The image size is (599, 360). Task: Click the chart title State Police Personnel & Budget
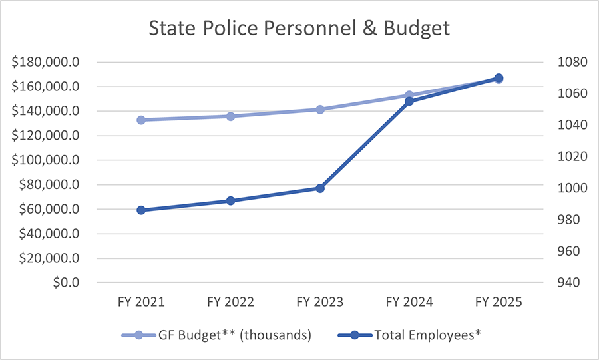coord(299,29)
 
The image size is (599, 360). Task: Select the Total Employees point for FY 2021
coord(141,210)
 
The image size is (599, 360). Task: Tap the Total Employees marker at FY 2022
coord(230,200)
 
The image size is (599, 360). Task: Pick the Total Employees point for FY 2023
coord(320,188)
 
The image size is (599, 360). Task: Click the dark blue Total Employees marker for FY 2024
coord(409,101)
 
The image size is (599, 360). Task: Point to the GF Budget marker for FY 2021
coord(141,120)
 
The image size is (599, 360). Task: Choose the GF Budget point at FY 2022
coord(230,116)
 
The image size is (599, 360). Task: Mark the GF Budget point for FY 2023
coord(320,109)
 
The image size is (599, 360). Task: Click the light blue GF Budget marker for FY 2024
coord(409,95)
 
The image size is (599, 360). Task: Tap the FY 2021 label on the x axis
coord(141,301)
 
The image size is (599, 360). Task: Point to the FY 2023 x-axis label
coord(320,301)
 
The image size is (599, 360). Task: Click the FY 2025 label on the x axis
coord(499,301)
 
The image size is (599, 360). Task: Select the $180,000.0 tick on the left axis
coord(46,63)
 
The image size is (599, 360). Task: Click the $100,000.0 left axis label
coord(46,160)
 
